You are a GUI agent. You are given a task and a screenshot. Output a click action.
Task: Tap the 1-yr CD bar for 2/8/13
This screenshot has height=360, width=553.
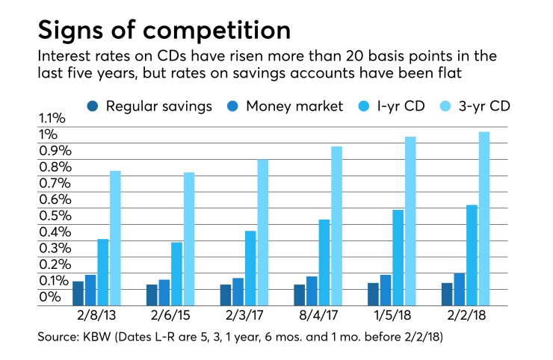(103, 272)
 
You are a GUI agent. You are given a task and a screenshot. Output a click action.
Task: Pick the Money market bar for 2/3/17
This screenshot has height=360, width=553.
(238, 291)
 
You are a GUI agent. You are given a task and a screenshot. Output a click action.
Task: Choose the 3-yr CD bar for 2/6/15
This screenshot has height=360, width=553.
(188, 239)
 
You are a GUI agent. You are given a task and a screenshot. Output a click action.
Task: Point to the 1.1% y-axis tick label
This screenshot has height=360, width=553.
(52, 119)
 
